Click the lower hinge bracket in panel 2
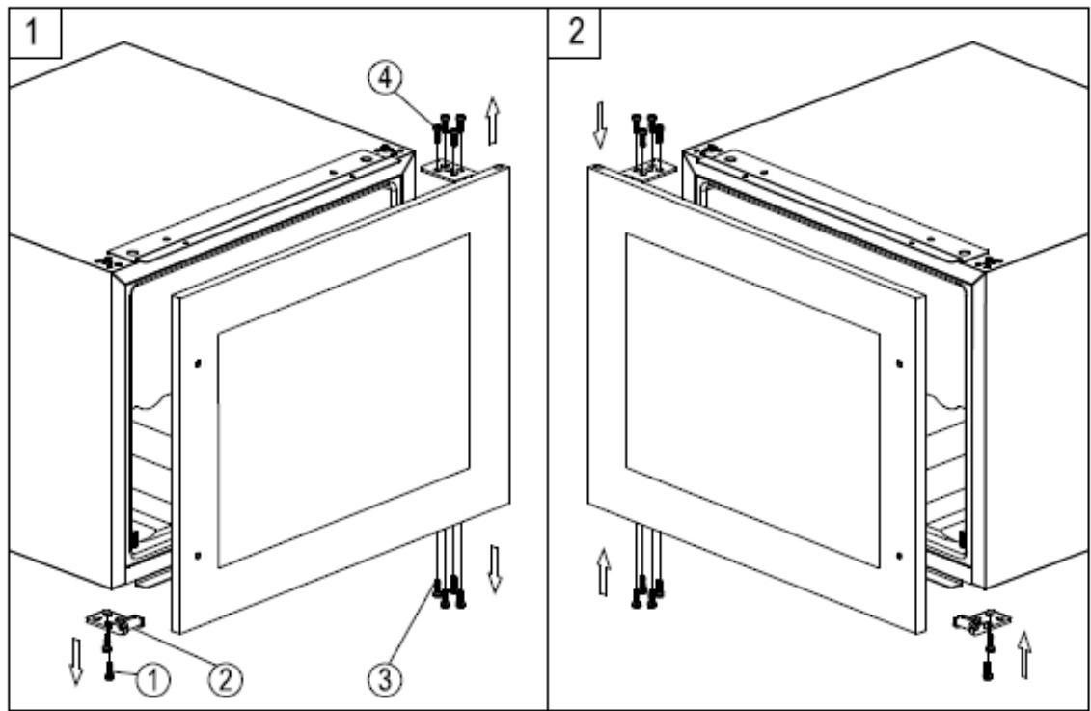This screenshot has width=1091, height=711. [x=977, y=622]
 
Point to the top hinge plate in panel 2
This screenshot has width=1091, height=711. [x=650, y=170]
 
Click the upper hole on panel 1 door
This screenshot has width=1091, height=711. [x=198, y=363]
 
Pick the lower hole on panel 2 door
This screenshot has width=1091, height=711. [x=898, y=555]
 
